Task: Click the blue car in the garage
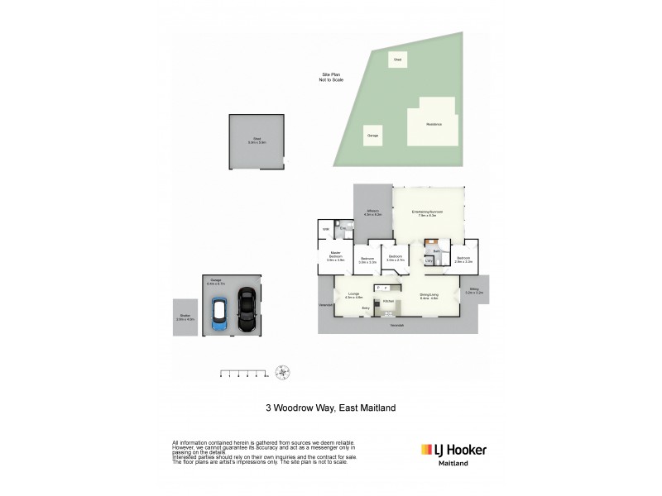tap(219, 315)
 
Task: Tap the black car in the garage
tap(246, 310)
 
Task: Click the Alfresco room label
tap(372, 212)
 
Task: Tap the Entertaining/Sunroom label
tap(429, 212)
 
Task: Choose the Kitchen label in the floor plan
tap(387, 302)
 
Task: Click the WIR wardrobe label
tap(325, 229)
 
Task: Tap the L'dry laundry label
tap(429, 261)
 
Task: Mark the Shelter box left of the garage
tap(185, 317)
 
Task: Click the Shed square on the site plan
tap(398, 60)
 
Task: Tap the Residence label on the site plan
tap(434, 124)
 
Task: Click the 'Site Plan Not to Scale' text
tap(330, 76)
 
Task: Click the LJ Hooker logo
tap(453, 451)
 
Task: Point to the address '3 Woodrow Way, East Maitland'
tap(330, 408)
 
